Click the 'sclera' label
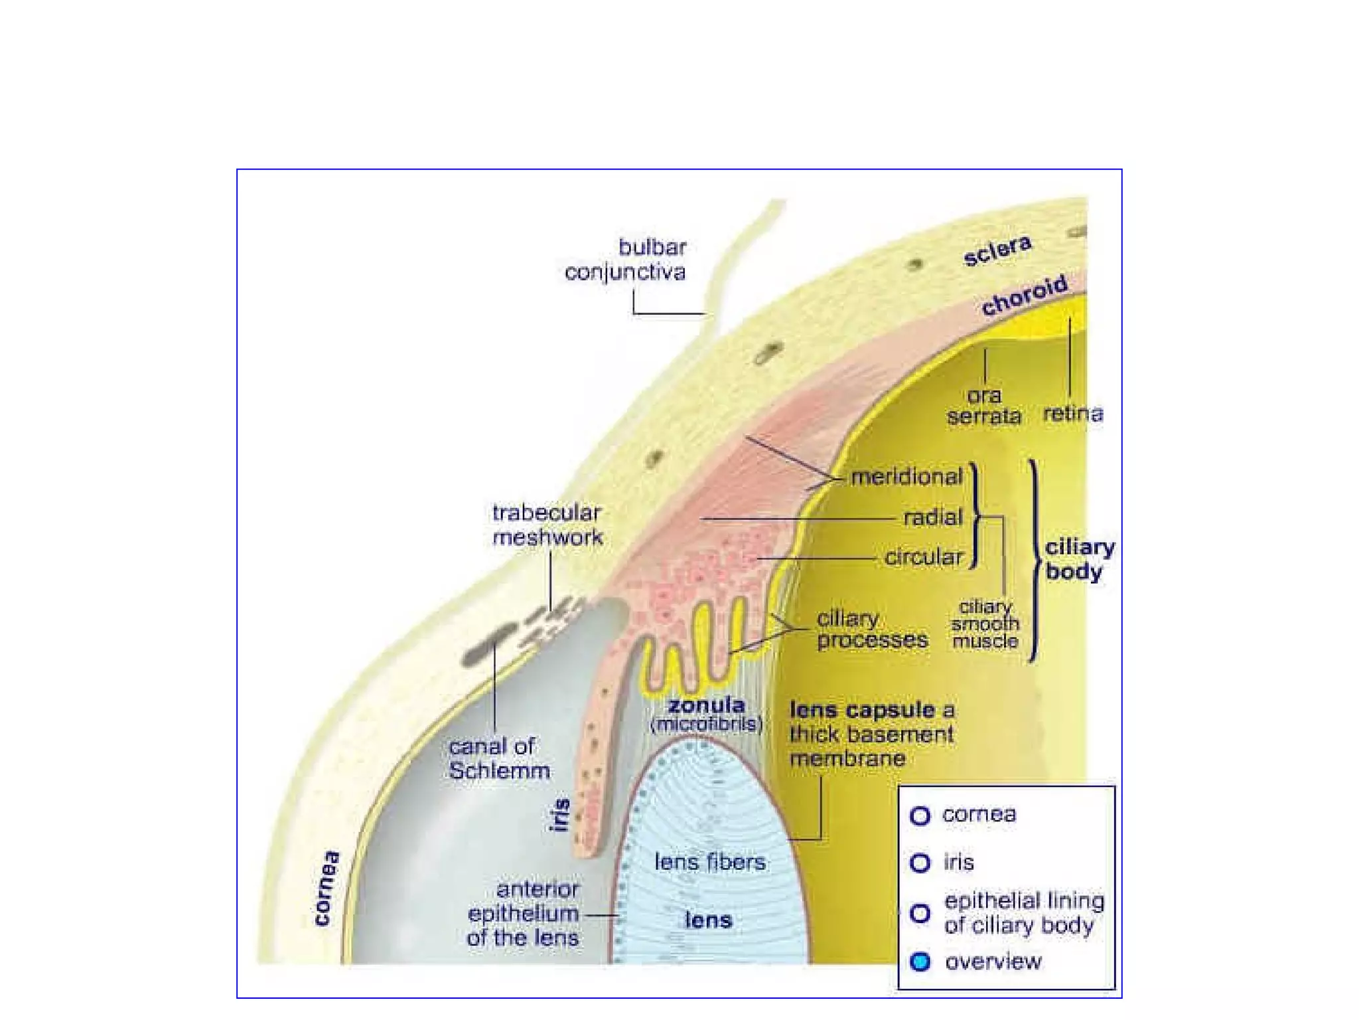tap(997, 250)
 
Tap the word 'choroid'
tap(1025, 295)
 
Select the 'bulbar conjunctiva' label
tap(625, 260)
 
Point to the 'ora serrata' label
tap(984, 406)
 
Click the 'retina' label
tap(1072, 414)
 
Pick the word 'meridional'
tap(906, 477)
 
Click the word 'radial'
tap(932, 517)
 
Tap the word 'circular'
tap(923, 557)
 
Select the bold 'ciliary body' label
tap(1079, 559)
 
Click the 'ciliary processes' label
tap(871, 629)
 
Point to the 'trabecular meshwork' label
tap(547, 525)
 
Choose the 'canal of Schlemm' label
tap(499, 758)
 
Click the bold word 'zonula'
tap(706, 705)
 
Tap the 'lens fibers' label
tap(709, 862)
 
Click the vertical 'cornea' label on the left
tap(326, 887)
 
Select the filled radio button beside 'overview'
tap(920, 962)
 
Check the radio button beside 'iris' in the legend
tap(920, 863)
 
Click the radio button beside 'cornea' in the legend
tap(920, 815)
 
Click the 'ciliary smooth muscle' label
tap(985, 624)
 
